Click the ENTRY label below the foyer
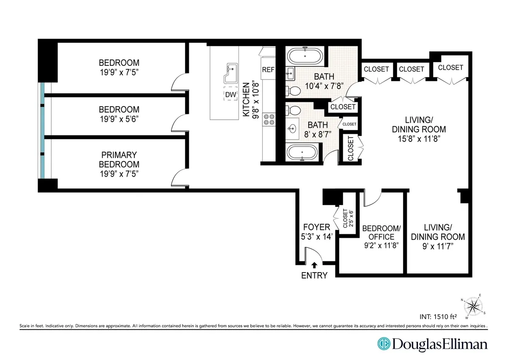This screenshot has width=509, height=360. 314,276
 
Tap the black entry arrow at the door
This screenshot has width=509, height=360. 314,264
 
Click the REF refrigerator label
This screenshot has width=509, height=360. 268,70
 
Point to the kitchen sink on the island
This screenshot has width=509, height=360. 232,73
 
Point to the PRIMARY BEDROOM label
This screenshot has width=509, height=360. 119,160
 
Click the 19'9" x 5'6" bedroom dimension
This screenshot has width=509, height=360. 119,118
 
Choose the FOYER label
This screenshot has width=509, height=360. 314,228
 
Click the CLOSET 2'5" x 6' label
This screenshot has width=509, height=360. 347,218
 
